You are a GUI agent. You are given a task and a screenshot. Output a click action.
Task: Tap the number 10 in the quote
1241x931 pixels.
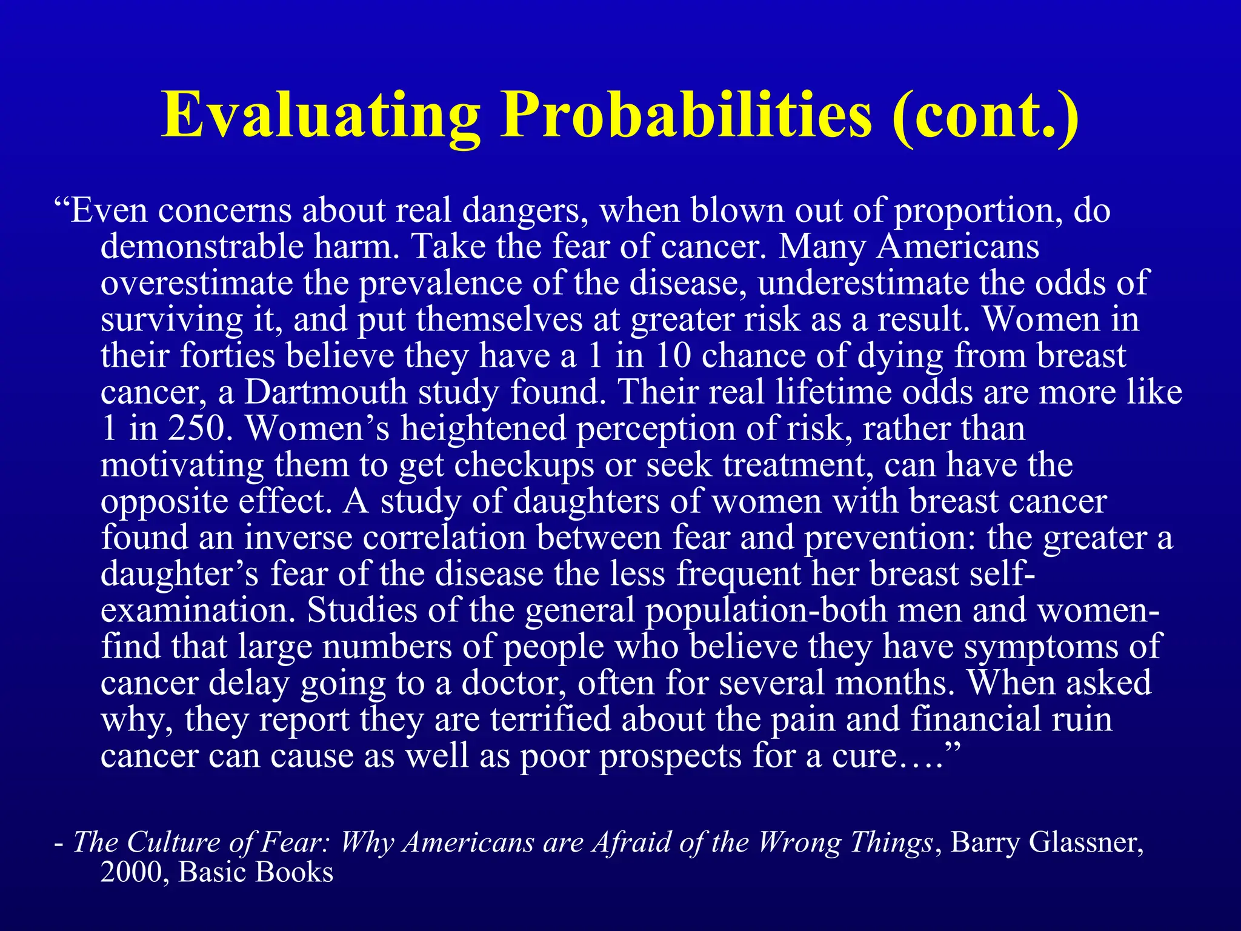click(673, 356)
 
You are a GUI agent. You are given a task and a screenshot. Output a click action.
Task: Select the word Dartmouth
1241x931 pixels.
click(325, 392)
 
